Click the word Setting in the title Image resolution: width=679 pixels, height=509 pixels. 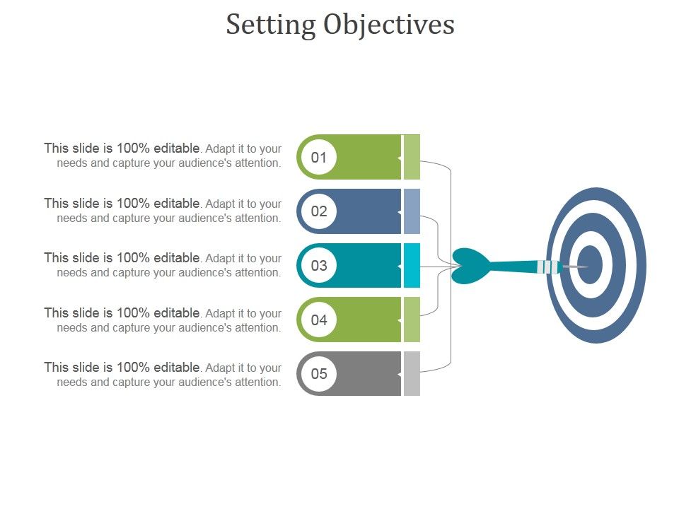coord(271,25)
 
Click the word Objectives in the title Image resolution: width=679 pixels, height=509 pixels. coord(389,25)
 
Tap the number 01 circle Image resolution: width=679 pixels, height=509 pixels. coord(319,157)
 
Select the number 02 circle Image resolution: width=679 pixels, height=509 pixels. coord(319,211)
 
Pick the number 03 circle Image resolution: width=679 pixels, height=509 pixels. coord(319,266)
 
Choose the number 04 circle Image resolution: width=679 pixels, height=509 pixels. coord(319,320)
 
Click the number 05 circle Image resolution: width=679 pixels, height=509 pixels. coord(319,374)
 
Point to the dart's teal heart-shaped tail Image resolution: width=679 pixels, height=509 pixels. coord(469,266)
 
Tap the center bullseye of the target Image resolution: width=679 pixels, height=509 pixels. coord(591,265)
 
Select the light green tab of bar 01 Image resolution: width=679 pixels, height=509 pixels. coord(412,157)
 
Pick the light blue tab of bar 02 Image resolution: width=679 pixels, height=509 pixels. coord(412,211)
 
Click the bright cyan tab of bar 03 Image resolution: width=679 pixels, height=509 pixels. coord(412,266)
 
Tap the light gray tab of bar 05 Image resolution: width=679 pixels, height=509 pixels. coord(412,374)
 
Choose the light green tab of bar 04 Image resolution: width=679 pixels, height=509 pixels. coord(412,320)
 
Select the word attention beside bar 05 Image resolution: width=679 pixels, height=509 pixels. coord(257,382)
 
